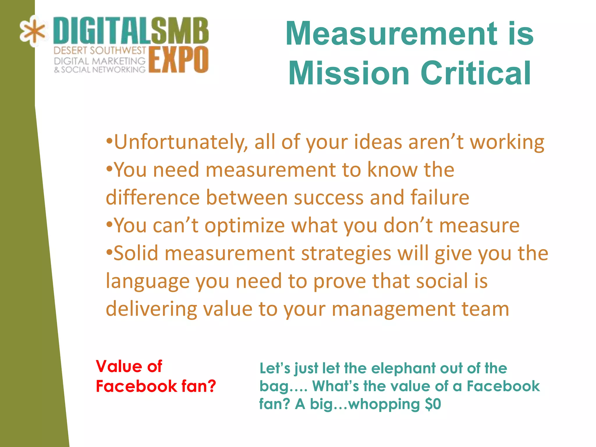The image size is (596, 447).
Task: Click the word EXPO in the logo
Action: (178, 59)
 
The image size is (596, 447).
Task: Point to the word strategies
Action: (346, 253)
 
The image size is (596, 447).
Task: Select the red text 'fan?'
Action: (198, 386)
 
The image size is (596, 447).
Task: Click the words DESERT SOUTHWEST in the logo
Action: (100, 51)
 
